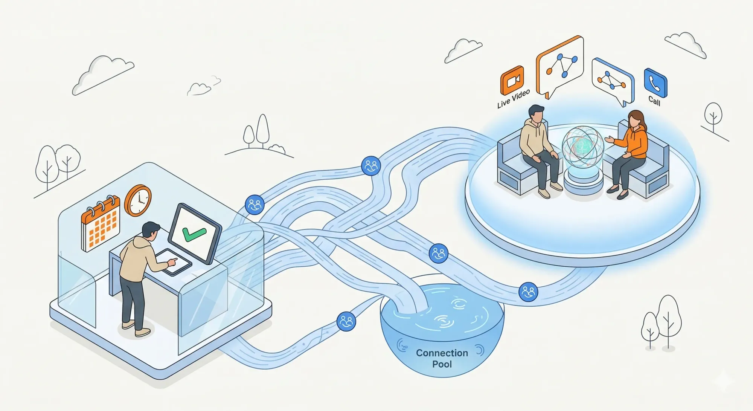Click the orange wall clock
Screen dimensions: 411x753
[138, 200]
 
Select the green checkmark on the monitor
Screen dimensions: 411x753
[194, 234]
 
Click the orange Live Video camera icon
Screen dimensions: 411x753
[512, 80]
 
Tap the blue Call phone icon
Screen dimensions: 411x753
[655, 83]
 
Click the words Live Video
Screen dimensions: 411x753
[513, 99]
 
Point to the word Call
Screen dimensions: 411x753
[654, 101]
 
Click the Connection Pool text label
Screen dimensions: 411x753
[442, 358]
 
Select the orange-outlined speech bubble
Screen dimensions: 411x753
[560, 66]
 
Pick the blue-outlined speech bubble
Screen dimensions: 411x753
[612, 81]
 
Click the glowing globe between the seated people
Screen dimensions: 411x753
[582, 147]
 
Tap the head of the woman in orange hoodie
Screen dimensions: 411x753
[636, 119]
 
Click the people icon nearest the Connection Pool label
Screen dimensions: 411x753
[346, 321]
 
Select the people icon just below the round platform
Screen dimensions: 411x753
[528, 292]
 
